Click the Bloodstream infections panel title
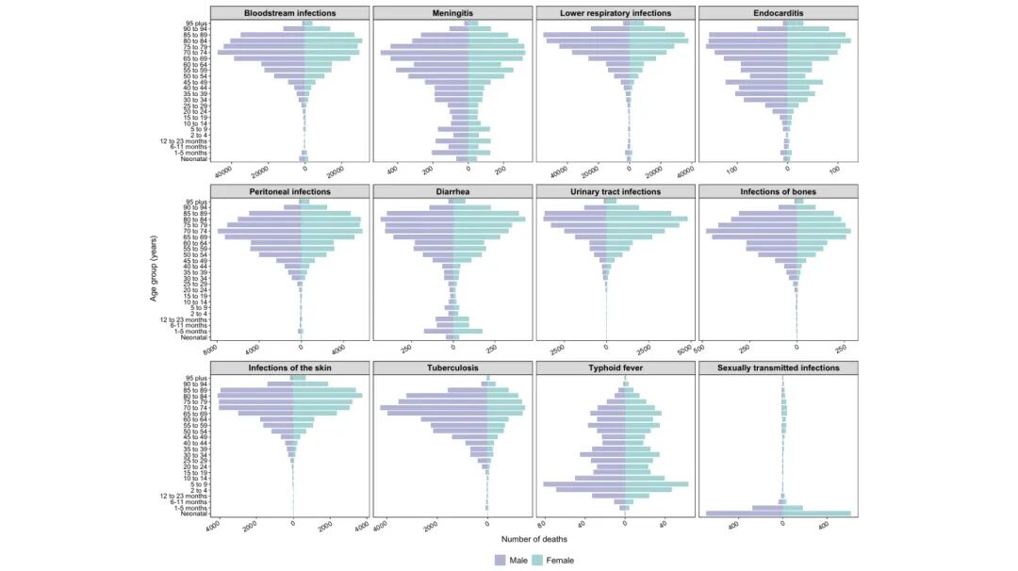289,13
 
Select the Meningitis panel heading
452,13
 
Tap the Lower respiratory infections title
616,13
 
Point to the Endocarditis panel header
779,13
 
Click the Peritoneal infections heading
289,192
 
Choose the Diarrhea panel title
452,192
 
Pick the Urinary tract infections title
616,192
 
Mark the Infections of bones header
779,192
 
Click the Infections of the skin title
289,367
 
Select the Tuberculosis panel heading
452,367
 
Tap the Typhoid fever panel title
616,367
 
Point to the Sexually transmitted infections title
779,367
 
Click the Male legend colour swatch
500,560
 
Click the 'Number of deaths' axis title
534,539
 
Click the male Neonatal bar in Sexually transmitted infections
745,514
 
